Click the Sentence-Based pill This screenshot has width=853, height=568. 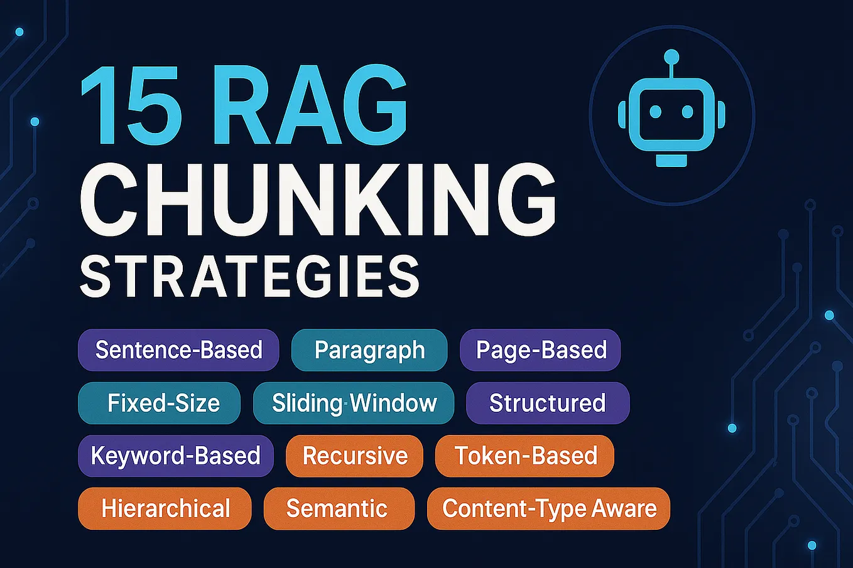[x=178, y=350]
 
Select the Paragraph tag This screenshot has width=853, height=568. [x=369, y=350]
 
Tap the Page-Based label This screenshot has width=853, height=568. [x=541, y=350]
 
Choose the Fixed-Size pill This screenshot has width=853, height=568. [x=160, y=403]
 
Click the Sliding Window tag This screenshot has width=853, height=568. [x=354, y=403]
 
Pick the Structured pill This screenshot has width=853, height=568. [x=547, y=403]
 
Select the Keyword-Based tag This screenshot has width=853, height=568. [x=176, y=456]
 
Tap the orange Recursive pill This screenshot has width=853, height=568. [x=354, y=456]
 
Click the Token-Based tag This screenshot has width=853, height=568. [x=524, y=456]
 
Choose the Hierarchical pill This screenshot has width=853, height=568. [x=165, y=508]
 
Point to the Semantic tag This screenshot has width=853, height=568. [x=339, y=508]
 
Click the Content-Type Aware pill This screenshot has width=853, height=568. [x=548, y=508]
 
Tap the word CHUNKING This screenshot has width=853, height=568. [x=317, y=197]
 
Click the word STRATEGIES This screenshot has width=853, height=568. [x=249, y=277]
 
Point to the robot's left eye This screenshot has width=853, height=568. [x=655, y=112]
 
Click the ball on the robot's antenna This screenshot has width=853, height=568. [x=671, y=56]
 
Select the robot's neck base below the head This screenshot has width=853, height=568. [x=671, y=161]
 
